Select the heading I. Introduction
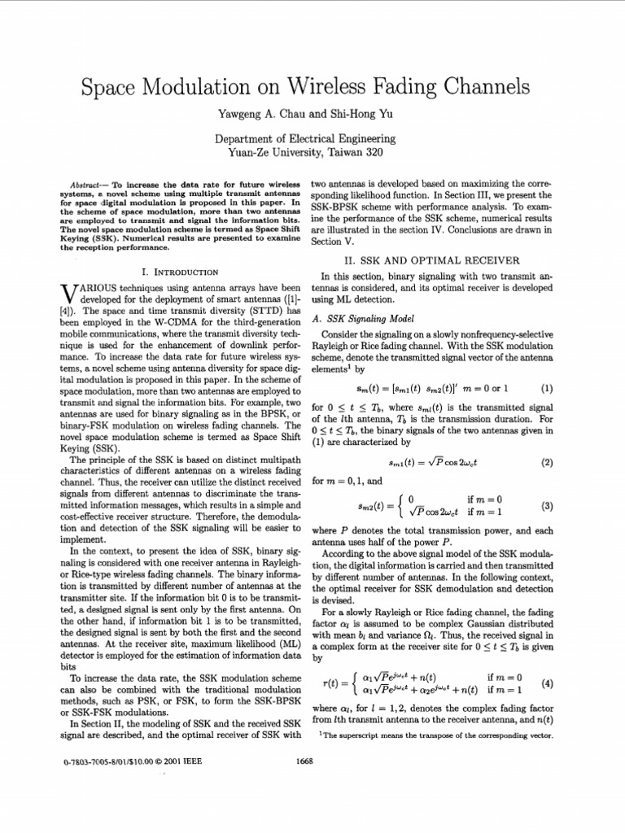coord(180,272)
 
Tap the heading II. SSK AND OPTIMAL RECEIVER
coord(432,261)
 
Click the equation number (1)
coord(547,388)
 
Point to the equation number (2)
coord(547,463)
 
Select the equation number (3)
coord(547,505)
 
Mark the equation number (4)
coord(547,683)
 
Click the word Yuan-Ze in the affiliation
coord(255,152)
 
